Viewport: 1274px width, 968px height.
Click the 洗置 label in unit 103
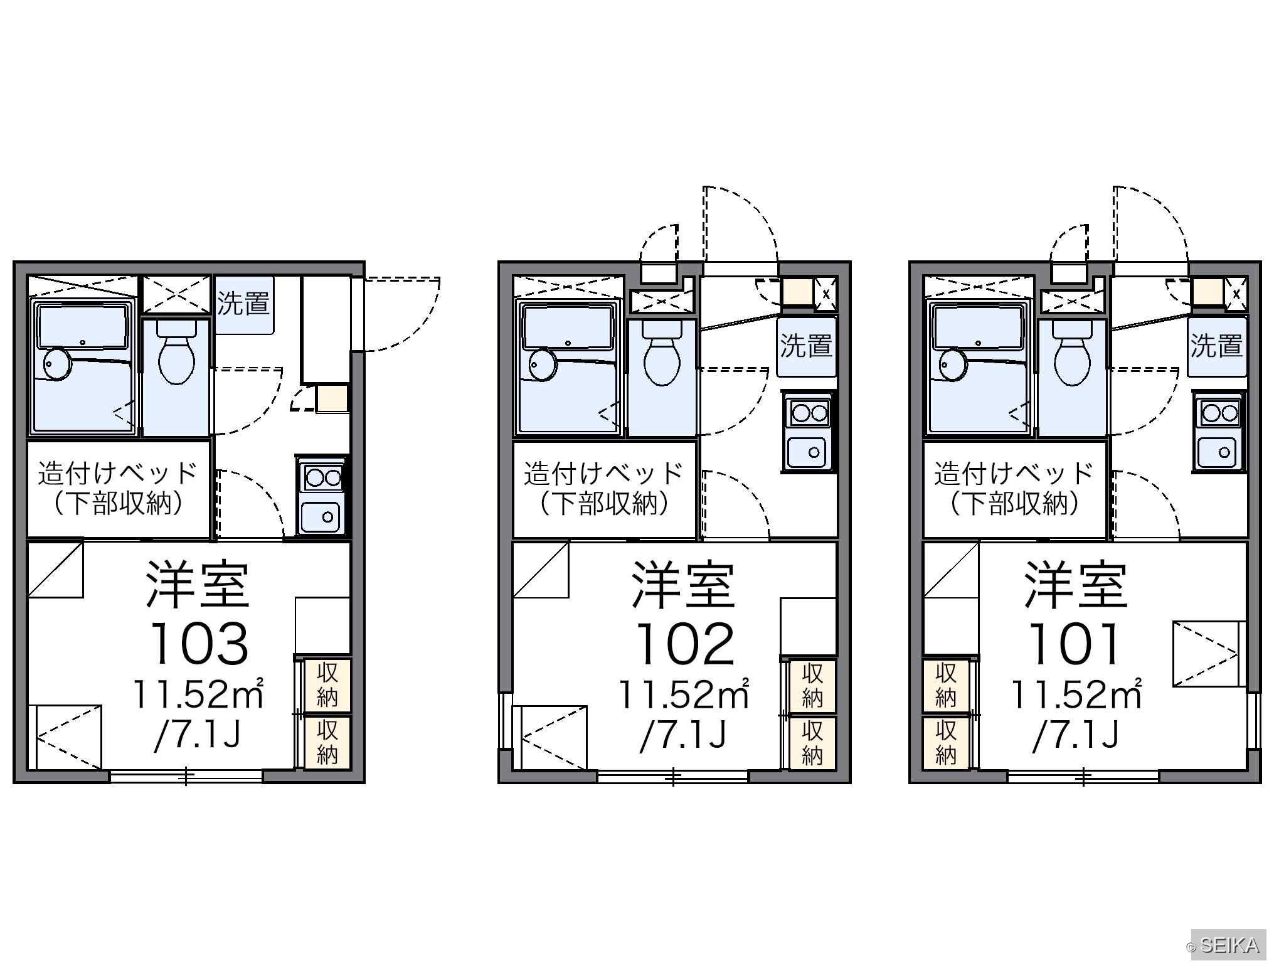point(243,304)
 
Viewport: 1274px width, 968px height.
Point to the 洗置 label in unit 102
point(806,346)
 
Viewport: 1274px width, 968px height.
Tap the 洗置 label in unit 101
point(1217,346)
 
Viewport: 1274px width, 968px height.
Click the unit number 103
point(199,644)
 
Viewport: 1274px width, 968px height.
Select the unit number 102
point(684,644)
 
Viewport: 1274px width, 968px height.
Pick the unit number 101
point(1073,644)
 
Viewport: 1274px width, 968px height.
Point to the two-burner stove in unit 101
point(1219,412)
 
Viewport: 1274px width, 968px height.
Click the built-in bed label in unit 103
point(118,489)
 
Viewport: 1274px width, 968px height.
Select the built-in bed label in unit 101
point(1014,489)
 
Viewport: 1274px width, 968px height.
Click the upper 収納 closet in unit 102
point(812,686)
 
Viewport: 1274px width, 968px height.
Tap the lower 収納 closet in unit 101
point(945,743)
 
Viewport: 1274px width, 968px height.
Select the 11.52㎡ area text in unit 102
point(684,694)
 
